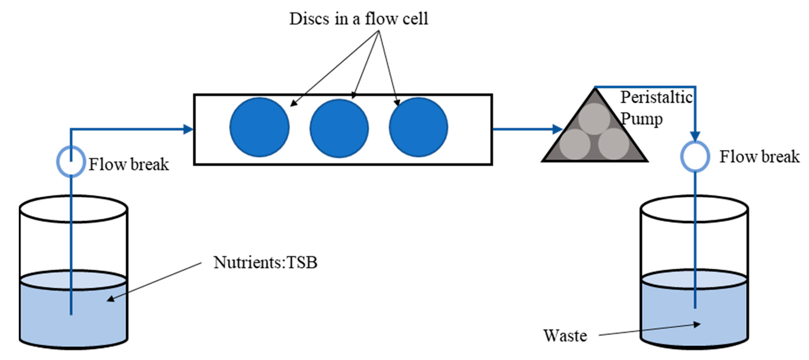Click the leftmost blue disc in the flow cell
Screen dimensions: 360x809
[x=260, y=127]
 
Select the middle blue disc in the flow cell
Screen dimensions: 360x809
[x=339, y=128]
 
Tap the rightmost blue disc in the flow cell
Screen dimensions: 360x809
[x=418, y=127]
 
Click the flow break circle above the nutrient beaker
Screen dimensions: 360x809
[x=71, y=161]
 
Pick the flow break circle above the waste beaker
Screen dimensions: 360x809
[x=695, y=156]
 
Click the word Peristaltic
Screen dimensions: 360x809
[x=656, y=97]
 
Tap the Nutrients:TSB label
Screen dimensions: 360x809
[x=265, y=262]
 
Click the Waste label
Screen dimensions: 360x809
[x=565, y=336]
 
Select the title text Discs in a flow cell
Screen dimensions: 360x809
[x=358, y=19]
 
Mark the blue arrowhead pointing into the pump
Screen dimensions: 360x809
[x=558, y=129]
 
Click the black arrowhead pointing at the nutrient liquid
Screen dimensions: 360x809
[x=111, y=298]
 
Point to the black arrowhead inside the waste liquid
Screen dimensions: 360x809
[x=697, y=324]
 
